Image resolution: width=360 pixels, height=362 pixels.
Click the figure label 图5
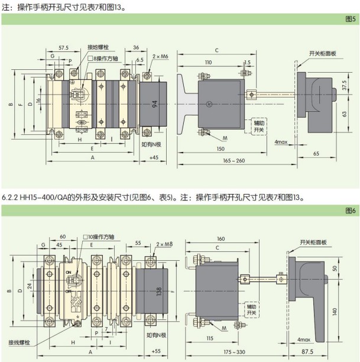[x=349, y=18]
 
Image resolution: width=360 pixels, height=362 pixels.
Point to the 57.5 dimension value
[x=64, y=48]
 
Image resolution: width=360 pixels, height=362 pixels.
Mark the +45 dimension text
[x=154, y=158]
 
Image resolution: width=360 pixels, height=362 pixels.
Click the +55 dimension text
[x=156, y=351]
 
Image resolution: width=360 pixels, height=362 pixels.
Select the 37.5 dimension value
[x=345, y=86]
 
